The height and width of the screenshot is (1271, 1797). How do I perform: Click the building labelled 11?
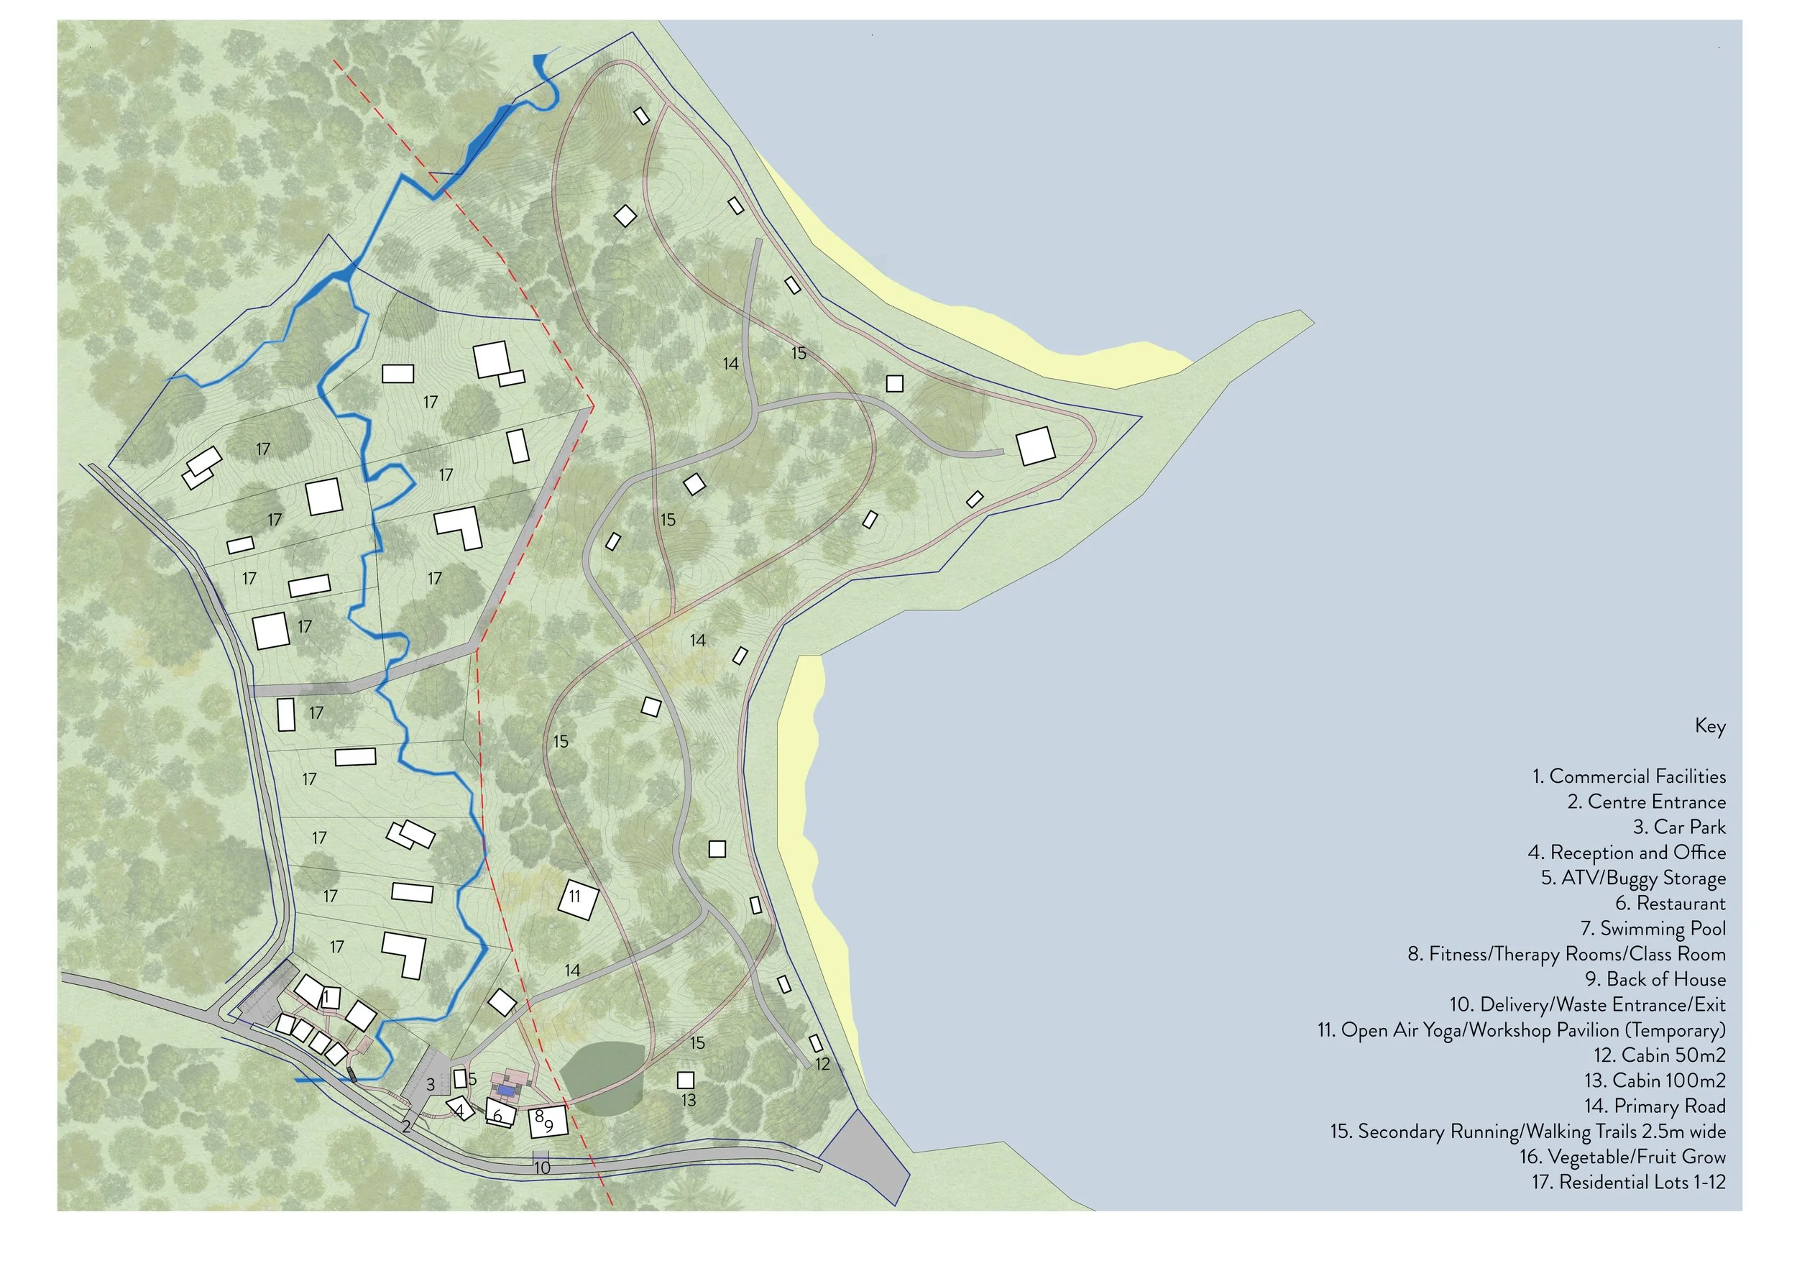pos(579,899)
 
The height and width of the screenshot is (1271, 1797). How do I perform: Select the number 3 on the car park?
pos(431,1085)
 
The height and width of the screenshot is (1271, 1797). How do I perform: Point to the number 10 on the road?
pos(541,1167)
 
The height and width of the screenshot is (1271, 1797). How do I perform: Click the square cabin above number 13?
pos(686,1080)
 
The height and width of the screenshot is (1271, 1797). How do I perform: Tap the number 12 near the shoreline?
pos(822,1064)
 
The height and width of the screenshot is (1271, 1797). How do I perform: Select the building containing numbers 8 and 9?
pos(547,1121)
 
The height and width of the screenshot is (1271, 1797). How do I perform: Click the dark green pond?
pos(602,1078)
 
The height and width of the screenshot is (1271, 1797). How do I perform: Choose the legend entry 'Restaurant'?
pos(1670,903)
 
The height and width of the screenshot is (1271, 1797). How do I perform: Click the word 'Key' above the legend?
pos(1710,725)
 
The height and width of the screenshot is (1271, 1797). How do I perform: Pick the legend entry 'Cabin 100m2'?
pos(1655,1080)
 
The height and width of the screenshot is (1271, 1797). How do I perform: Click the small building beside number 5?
pos(460,1078)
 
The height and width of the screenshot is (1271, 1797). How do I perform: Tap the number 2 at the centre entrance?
pos(406,1127)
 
